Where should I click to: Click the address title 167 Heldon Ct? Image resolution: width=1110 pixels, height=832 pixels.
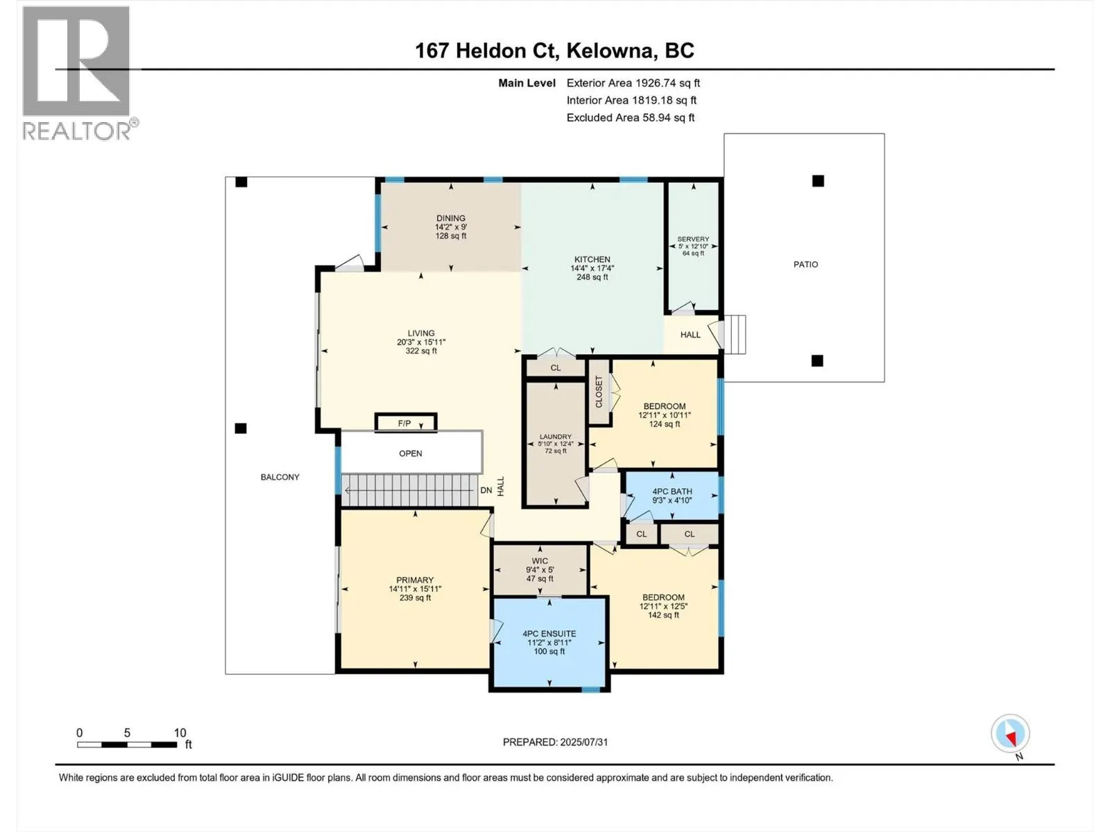[x=554, y=51]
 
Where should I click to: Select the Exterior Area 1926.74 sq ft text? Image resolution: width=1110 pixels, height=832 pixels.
[x=633, y=83]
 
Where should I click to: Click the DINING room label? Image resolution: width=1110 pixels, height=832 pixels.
[x=451, y=218]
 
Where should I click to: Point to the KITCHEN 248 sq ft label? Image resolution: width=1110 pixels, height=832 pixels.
[x=592, y=268]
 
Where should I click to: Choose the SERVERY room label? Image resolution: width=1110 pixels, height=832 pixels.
[x=693, y=239]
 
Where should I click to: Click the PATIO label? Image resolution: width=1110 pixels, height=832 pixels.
[x=805, y=264]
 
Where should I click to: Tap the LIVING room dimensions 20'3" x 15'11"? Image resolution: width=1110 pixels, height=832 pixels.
[x=421, y=342]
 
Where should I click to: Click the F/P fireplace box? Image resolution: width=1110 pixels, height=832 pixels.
[x=405, y=423]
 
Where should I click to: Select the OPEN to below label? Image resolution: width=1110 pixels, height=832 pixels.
[x=411, y=453]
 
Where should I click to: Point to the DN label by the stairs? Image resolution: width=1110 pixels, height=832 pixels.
[x=486, y=490]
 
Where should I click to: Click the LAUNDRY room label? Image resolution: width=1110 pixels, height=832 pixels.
[x=555, y=437]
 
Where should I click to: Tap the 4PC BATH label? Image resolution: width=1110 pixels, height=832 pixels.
[x=672, y=492]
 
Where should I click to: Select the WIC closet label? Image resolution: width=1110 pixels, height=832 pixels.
[x=540, y=561]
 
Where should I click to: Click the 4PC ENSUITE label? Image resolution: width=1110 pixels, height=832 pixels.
[x=549, y=634]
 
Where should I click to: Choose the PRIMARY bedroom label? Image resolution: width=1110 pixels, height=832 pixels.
[x=415, y=580]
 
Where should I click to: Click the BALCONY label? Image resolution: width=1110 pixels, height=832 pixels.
[x=280, y=477]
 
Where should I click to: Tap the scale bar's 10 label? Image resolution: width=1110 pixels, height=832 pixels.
[x=180, y=733]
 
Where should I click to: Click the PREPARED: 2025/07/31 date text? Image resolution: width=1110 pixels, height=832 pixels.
[x=555, y=742]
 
